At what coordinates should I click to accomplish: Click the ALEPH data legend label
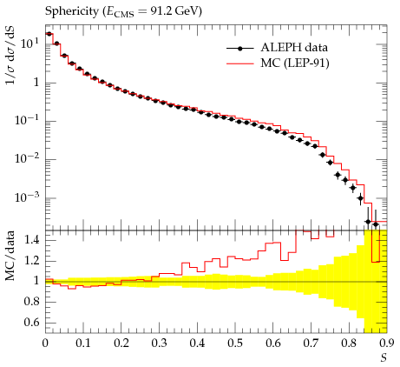click(x=294, y=48)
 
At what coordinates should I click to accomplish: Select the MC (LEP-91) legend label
click(x=295, y=63)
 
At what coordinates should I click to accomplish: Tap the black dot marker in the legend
click(x=239, y=49)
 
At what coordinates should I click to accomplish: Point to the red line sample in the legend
click(x=240, y=63)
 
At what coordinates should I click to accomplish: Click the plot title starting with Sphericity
click(x=123, y=12)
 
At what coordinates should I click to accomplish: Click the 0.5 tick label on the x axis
click(x=235, y=344)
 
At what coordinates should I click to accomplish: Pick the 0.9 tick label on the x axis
click(x=387, y=344)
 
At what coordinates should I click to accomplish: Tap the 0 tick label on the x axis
click(x=45, y=344)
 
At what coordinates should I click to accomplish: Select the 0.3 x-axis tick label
click(x=159, y=344)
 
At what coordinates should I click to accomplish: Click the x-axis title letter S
click(x=384, y=358)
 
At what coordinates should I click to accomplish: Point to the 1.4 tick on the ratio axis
click(x=31, y=240)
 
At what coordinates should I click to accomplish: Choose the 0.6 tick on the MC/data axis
click(x=31, y=323)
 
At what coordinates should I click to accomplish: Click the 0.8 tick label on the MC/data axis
click(x=31, y=302)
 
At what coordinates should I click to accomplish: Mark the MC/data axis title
click(x=10, y=256)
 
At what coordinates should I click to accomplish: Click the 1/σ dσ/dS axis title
click(x=11, y=56)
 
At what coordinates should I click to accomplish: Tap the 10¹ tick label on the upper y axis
click(x=30, y=43)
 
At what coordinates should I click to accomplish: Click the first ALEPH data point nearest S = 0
click(x=49, y=34)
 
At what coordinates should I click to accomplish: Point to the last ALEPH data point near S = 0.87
click(x=376, y=224)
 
